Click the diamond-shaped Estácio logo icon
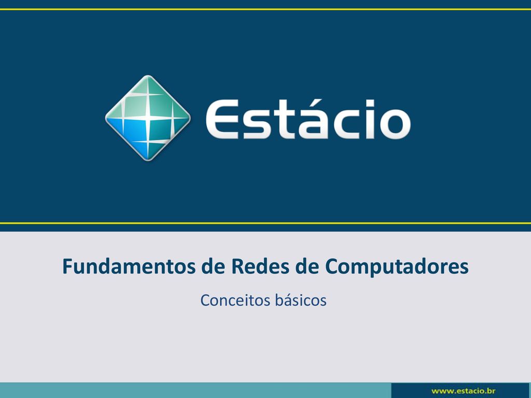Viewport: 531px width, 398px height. click(148, 118)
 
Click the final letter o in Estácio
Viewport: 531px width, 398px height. click(395, 124)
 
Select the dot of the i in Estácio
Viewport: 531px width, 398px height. click(370, 103)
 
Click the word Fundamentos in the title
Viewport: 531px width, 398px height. click(129, 266)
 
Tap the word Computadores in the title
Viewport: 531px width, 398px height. click(397, 267)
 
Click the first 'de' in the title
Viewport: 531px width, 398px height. click(213, 266)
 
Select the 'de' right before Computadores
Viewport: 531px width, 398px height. click(307, 266)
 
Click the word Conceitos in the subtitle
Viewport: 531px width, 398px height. click(235, 300)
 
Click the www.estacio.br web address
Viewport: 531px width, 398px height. click(463, 391)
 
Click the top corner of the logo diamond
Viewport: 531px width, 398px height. click(148, 75)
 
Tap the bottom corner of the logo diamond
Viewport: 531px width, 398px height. click(148, 161)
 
